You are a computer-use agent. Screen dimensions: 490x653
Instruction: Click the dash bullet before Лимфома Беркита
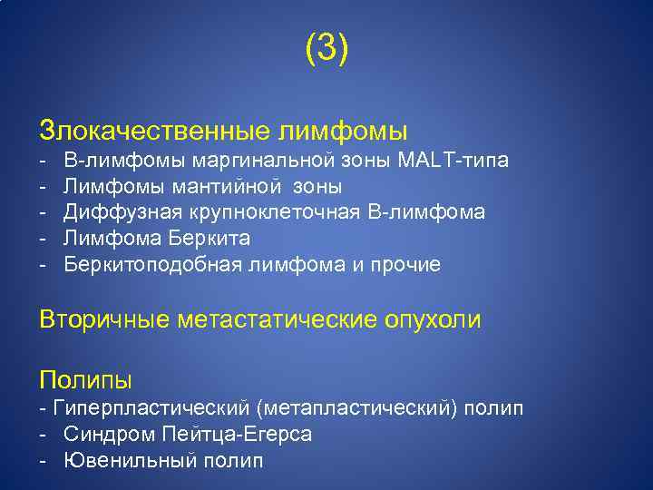pyautogui.click(x=43, y=239)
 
